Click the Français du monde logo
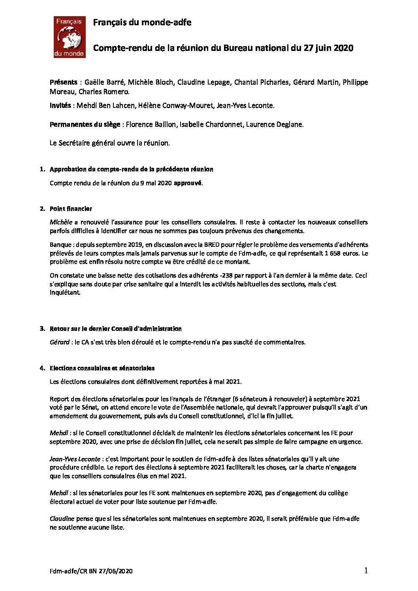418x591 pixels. pos(70,37)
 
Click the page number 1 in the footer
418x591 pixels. pos(366,570)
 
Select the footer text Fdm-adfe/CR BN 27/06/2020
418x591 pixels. pos(91,571)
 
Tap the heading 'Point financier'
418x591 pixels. pos(71,208)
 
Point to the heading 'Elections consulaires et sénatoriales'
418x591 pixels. pos(102,368)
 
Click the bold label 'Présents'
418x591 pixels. pos(63,82)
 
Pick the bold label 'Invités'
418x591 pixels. pos(60,105)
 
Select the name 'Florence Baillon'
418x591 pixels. pos(151,124)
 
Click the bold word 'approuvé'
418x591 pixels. pos(188,183)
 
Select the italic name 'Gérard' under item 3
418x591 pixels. pos(60,342)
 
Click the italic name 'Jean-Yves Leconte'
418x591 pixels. pos(75,459)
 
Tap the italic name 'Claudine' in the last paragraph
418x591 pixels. pos(62,518)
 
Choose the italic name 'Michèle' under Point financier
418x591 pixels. pos(61,222)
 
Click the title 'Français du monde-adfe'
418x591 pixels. pos(142,23)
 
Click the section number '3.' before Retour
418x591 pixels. pos(42,328)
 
